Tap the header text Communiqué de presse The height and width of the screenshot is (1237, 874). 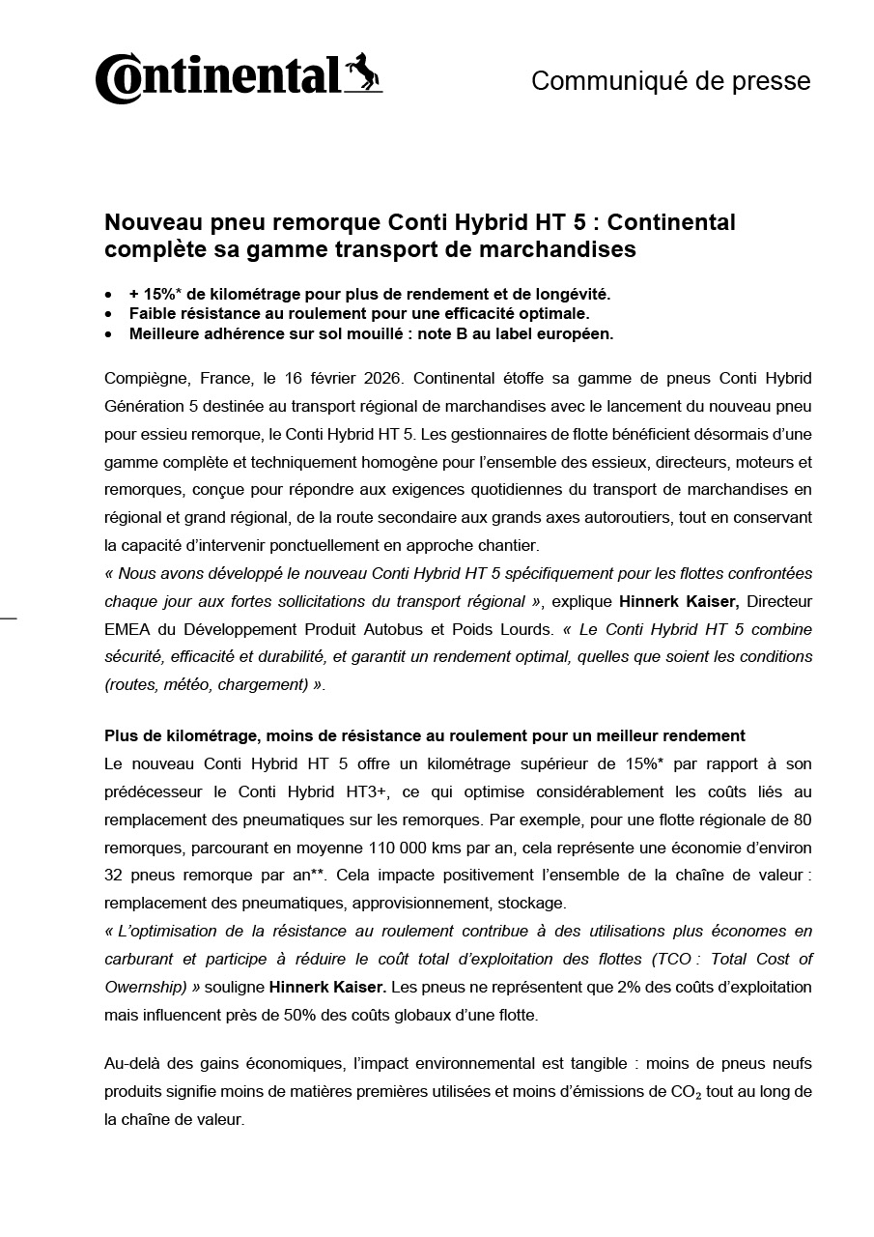[x=670, y=81]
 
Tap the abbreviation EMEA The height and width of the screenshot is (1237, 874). [x=127, y=629]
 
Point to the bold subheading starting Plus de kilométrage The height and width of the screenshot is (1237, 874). [x=424, y=736]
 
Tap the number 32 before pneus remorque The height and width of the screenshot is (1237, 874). [x=115, y=876]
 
